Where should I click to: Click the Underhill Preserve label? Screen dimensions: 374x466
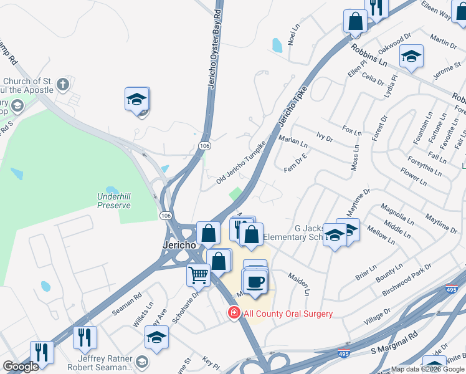point(113,201)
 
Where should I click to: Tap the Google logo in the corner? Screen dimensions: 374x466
point(21,367)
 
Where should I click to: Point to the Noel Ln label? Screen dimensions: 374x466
point(294,37)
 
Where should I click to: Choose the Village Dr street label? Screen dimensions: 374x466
point(378,315)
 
